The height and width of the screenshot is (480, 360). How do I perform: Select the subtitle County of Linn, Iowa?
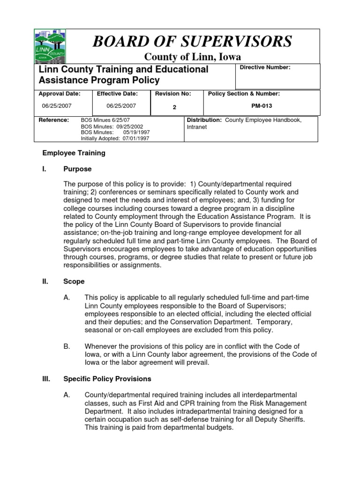point(192,57)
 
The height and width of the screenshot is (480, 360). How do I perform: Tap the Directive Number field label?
point(265,67)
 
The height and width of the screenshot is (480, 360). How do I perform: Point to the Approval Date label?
point(60,94)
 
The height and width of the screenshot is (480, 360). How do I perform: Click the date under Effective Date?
point(120,106)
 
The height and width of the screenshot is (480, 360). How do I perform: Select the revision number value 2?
point(174,107)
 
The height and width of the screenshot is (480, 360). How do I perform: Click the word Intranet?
point(197,127)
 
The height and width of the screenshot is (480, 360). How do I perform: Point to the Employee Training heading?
point(74,153)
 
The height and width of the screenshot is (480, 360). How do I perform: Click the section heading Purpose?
point(77,169)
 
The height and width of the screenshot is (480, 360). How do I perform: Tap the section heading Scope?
point(74,282)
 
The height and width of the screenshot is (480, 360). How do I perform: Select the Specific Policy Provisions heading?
point(107,378)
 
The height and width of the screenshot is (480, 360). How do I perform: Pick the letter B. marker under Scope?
point(67,346)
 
